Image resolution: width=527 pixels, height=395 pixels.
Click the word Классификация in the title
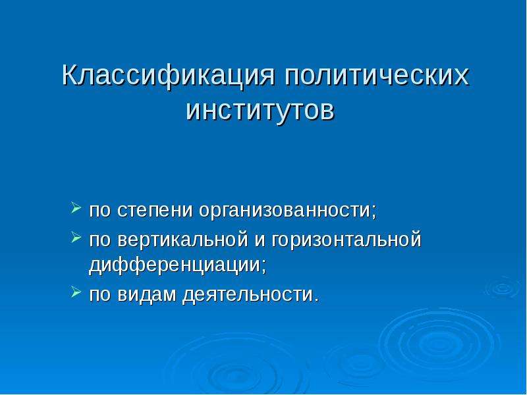(169, 76)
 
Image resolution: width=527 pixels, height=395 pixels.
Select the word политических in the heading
(375, 76)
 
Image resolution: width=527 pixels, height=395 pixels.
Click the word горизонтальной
(347, 240)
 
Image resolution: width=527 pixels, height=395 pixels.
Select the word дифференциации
(175, 265)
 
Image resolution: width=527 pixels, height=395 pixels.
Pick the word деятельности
(247, 294)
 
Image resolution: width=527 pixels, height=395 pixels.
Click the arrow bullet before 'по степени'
(76, 208)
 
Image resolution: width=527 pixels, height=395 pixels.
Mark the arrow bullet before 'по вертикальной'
(76, 237)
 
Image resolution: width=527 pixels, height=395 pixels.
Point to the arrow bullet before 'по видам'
(76, 292)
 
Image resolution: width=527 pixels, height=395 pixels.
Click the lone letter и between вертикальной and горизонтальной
(260, 241)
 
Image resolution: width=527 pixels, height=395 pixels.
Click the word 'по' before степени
(100, 211)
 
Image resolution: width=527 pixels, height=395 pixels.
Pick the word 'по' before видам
(100, 295)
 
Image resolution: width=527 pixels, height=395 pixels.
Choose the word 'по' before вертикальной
(100, 240)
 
